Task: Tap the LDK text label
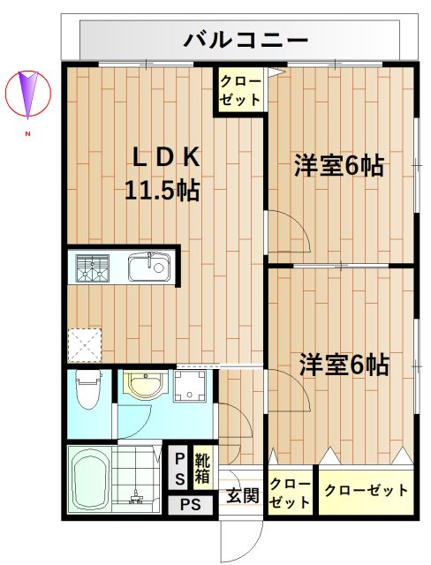[x=166, y=157]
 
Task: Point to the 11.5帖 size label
[x=161, y=188]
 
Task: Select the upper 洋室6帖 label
[x=340, y=165]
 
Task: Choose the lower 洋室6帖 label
[x=344, y=363]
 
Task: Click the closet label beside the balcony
[x=240, y=90]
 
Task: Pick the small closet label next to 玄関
[x=289, y=493]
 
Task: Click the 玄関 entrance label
[x=242, y=494]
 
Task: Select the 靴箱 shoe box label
[x=202, y=467]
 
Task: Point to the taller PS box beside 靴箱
[x=179, y=467]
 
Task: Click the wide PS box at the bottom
[x=191, y=506]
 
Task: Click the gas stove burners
[x=91, y=267]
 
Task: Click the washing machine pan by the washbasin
[x=189, y=386]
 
